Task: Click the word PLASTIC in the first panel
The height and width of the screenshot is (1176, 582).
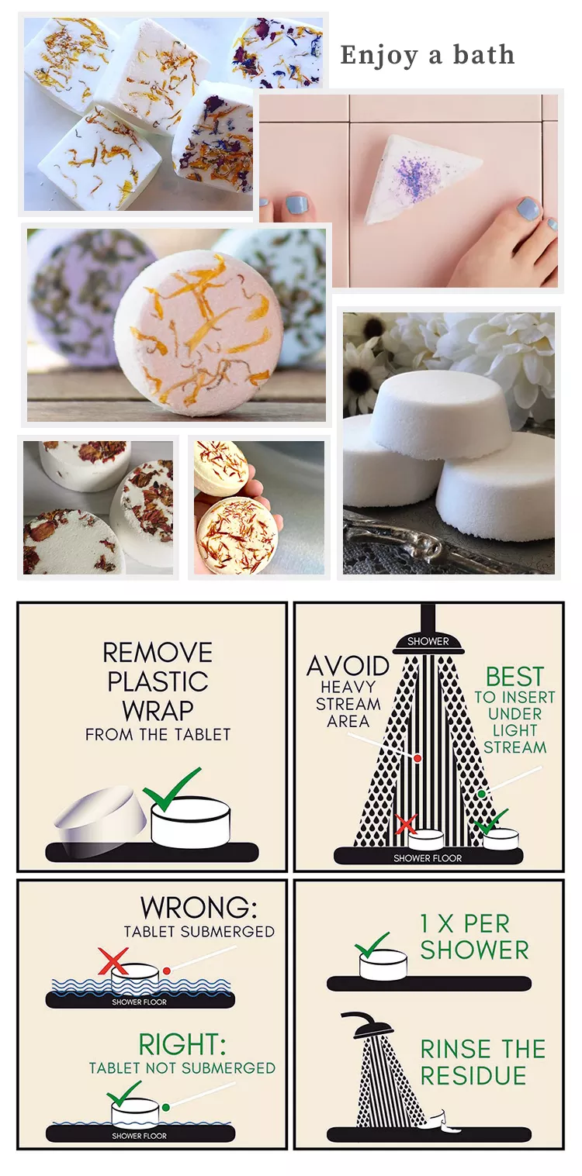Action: point(158,681)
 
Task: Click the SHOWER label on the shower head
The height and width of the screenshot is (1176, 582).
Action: point(428,641)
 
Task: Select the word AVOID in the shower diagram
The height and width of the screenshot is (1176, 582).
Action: point(348,666)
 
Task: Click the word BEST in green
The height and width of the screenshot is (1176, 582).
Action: point(514,677)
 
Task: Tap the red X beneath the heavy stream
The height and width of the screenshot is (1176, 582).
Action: point(406,824)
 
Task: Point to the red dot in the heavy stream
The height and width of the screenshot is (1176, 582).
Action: point(417,758)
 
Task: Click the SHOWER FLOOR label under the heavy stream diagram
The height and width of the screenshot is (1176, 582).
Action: point(428,858)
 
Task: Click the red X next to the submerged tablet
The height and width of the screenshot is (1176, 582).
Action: point(113,960)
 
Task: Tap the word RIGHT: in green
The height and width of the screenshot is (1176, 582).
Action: point(182,1043)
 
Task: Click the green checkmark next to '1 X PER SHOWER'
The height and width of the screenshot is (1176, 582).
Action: point(372,945)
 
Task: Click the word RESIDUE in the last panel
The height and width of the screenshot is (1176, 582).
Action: point(473,1076)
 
